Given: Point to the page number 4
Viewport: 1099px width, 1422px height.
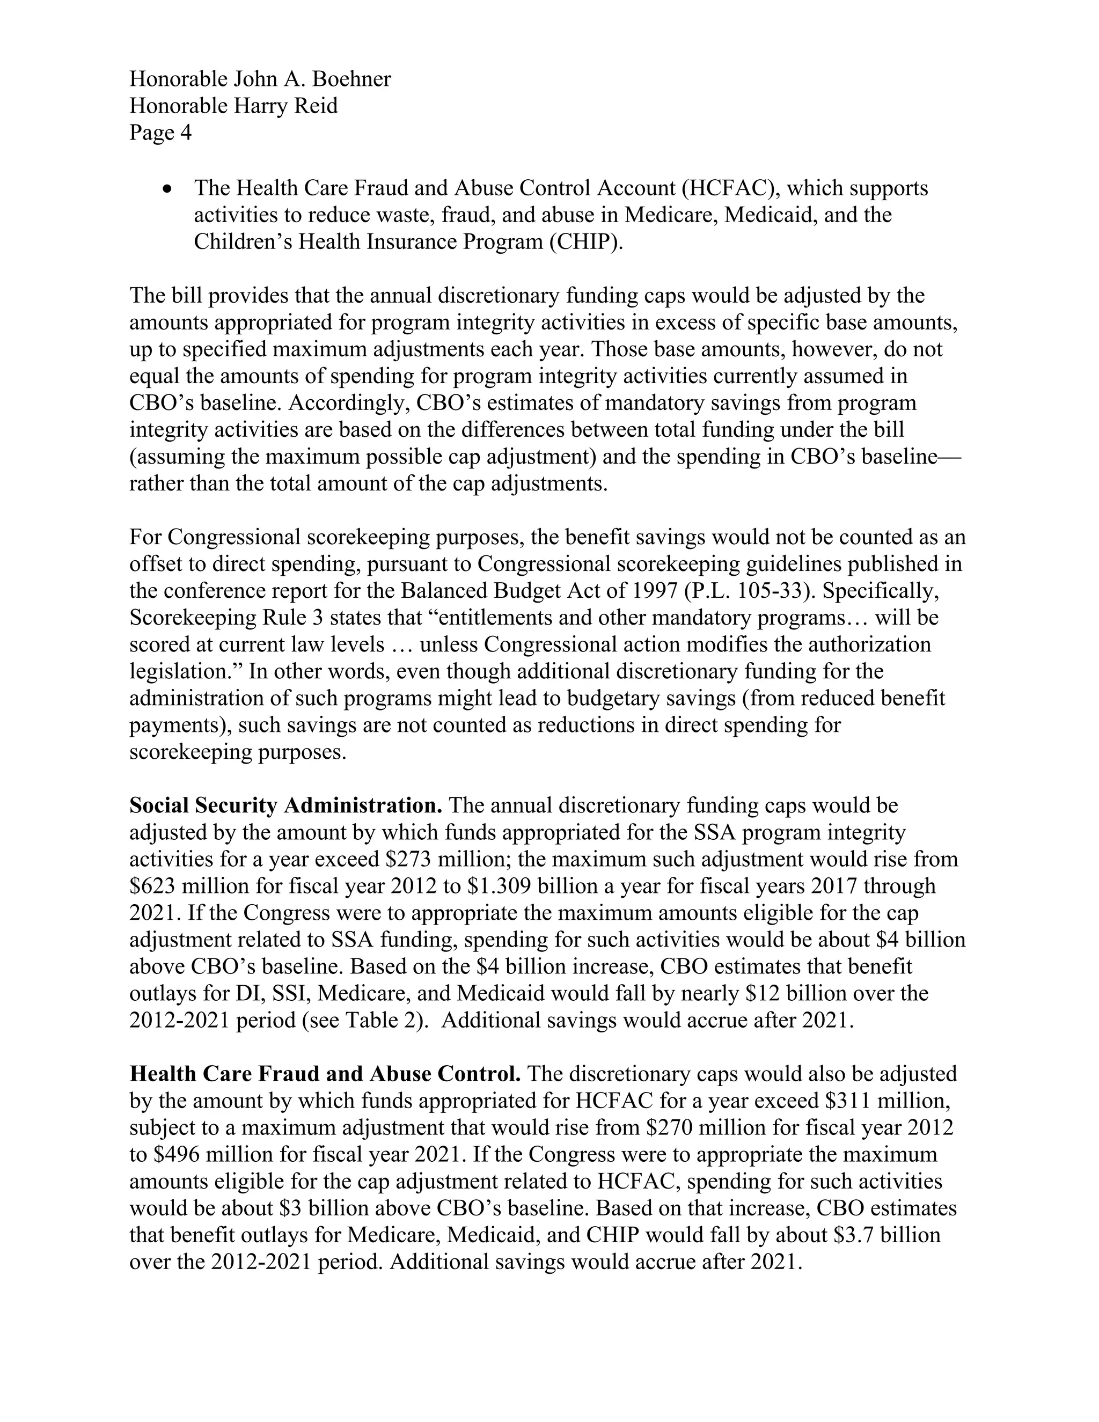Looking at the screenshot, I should (186, 133).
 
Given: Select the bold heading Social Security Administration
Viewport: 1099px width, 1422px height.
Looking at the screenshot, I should (286, 806).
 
